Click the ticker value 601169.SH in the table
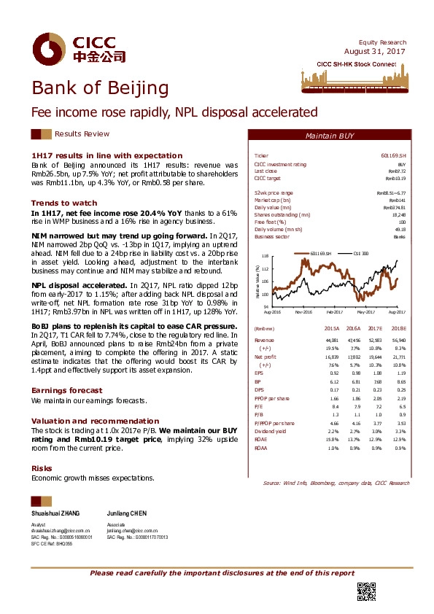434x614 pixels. point(393,156)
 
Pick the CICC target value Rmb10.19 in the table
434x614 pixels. point(395,178)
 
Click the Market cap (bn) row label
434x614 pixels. point(272,200)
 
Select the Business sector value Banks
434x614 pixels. point(400,237)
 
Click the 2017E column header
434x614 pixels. point(374,330)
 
